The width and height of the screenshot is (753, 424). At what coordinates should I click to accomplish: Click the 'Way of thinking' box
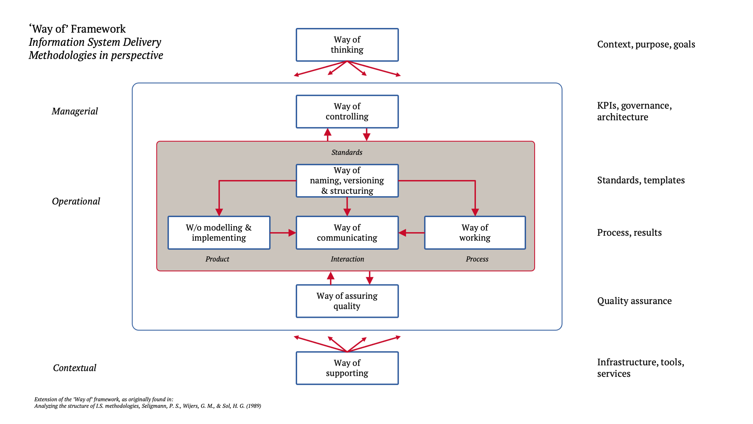point(347,45)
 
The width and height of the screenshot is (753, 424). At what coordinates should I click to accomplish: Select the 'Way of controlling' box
point(347,112)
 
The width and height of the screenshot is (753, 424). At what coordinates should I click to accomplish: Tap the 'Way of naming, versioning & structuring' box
point(347,181)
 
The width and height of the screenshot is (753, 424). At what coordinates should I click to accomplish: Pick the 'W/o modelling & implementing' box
point(219,233)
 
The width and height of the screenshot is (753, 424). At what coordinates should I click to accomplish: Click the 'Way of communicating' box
point(347,233)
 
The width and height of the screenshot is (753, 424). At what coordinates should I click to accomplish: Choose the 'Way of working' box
point(475,233)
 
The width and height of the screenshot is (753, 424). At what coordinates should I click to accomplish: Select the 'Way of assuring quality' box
point(347,301)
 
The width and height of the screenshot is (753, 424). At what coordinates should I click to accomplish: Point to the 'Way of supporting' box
point(347,368)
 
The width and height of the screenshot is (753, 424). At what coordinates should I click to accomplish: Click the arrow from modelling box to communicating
point(282,233)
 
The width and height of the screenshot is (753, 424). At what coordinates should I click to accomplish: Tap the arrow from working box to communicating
point(412,233)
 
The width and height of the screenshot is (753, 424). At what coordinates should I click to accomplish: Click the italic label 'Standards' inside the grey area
point(347,152)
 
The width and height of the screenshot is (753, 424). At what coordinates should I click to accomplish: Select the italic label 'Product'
point(217,259)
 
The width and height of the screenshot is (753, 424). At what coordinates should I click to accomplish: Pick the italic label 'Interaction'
point(347,259)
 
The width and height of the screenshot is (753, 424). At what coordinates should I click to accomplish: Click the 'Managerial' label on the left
point(75,111)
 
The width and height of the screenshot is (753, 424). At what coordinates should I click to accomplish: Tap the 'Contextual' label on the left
point(74,368)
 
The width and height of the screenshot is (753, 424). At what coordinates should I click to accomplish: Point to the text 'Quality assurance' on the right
point(634,301)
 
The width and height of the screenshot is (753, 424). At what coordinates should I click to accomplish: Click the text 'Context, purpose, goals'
point(646,44)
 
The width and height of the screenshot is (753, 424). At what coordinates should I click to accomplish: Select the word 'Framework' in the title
point(98,29)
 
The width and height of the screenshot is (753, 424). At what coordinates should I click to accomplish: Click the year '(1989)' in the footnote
point(254,406)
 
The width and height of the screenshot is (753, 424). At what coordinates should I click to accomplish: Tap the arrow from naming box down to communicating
point(347,207)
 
